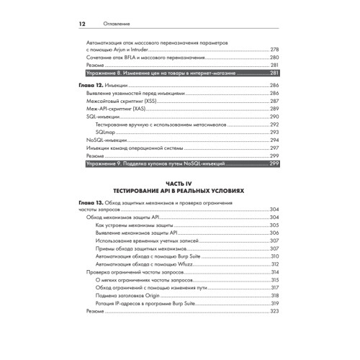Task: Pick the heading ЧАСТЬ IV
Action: pos(180,184)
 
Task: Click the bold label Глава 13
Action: pos(91,204)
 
